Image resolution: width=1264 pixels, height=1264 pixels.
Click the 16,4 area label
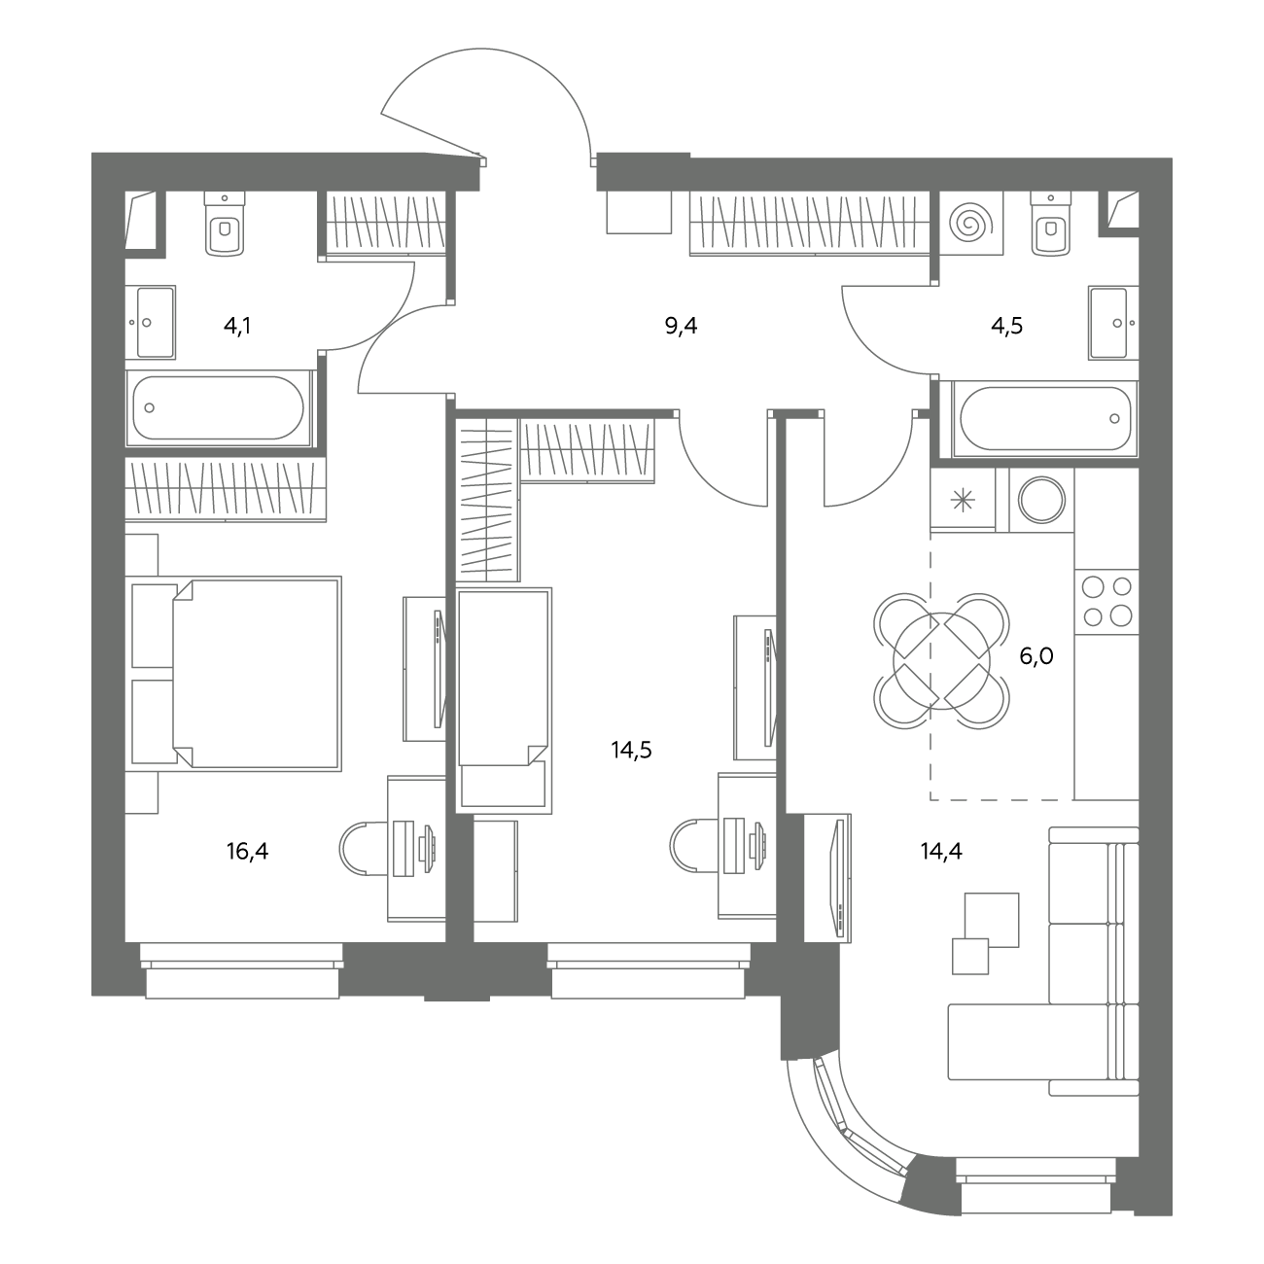(x=247, y=852)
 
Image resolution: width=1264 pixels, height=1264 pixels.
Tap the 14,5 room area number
(x=632, y=750)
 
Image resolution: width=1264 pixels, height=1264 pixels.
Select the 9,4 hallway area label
(x=681, y=326)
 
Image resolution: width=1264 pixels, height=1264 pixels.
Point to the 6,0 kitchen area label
(x=1036, y=656)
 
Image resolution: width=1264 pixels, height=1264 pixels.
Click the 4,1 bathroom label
(x=237, y=326)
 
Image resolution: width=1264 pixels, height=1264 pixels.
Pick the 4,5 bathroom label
(x=1007, y=326)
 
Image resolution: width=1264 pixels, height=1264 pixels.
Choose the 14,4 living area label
(x=941, y=852)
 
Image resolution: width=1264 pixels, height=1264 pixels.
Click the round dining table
(x=941, y=660)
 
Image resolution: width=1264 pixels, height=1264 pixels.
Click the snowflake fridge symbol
(x=963, y=501)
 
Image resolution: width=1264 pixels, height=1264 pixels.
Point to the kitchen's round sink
(x=1041, y=500)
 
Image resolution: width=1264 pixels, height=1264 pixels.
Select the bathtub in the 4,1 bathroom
(x=219, y=408)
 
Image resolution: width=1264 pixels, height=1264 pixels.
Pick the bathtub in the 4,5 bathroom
(x=1045, y=418)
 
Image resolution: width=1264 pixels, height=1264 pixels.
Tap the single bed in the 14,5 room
(x=504, y=700)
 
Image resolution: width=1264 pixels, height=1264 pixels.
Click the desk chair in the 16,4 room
(x=364, y=849)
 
